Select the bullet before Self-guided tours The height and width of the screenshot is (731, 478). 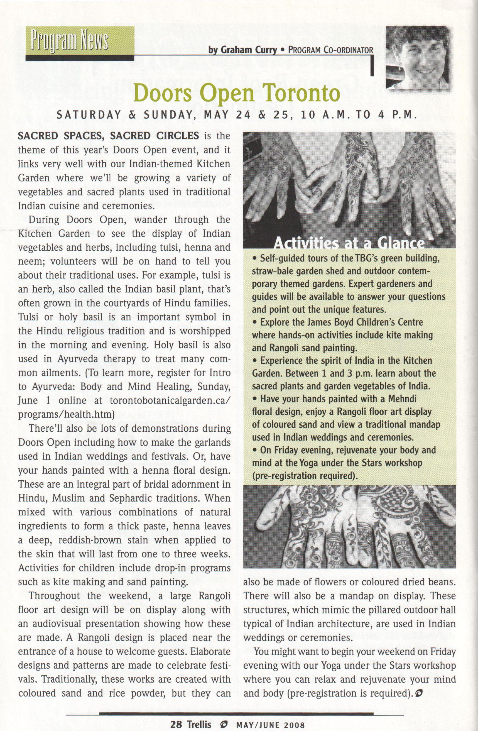[254, 259]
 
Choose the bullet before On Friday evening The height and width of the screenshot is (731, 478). [254, 450]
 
